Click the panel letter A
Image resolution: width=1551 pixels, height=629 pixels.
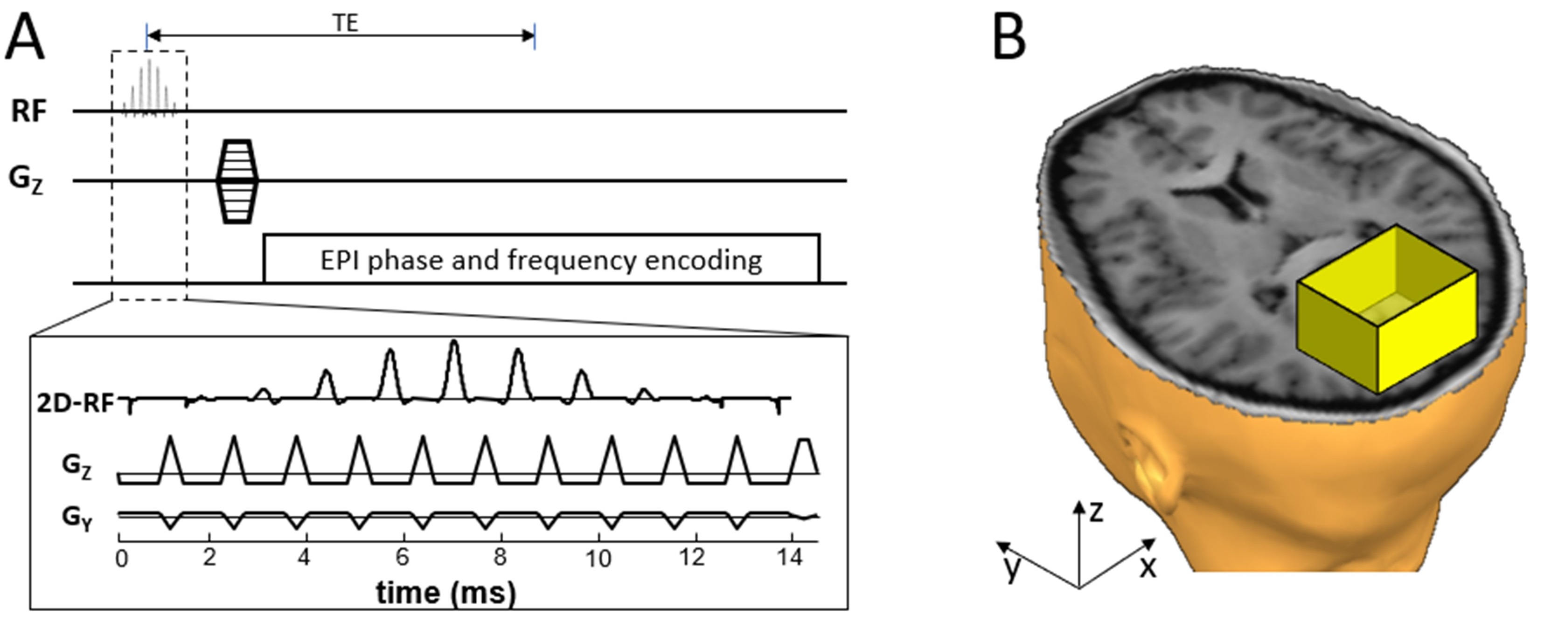coord(25,37)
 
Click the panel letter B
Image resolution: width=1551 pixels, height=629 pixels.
coord(1009,37)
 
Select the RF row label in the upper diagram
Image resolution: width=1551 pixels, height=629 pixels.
coord(29,112)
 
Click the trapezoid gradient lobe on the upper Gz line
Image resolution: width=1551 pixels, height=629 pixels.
coord(237,181)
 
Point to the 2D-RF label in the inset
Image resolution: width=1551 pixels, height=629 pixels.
coord(75,403)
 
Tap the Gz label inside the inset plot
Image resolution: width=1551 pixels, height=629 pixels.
coord(77,466)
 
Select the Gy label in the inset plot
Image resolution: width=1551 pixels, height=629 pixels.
coord(77,518)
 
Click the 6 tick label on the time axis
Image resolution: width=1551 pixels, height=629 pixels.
coord(402,557)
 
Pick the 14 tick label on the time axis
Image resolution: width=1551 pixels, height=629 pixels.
coord(789,557)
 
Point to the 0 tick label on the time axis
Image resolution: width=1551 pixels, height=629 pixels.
coord(122,559)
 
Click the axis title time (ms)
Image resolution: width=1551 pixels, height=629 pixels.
coord(445,593)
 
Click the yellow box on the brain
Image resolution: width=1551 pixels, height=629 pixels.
coord(1385,313)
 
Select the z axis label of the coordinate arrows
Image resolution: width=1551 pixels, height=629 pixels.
coord(1096,512)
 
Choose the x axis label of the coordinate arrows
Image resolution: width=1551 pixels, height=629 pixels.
coord(1148,567)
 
